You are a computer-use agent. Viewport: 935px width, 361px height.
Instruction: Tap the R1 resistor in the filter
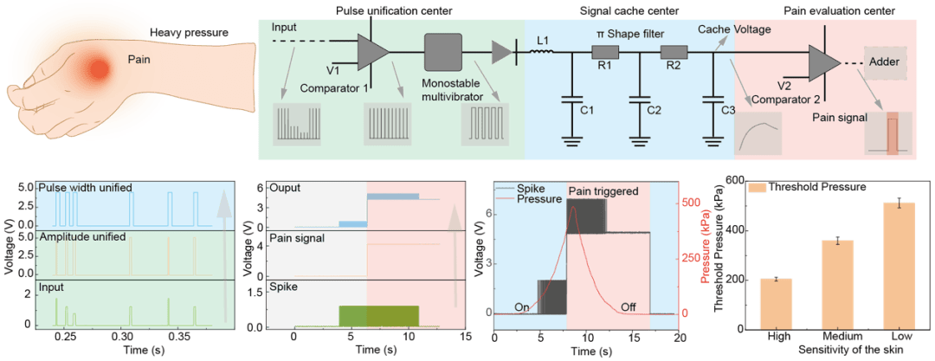pyautogui.click(x=604, y=55)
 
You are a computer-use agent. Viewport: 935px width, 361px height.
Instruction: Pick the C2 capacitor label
pyautogui.click(x=654, y=111)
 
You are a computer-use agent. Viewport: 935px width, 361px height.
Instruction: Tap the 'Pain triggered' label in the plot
pyautogui.click(x=603, y=190)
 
